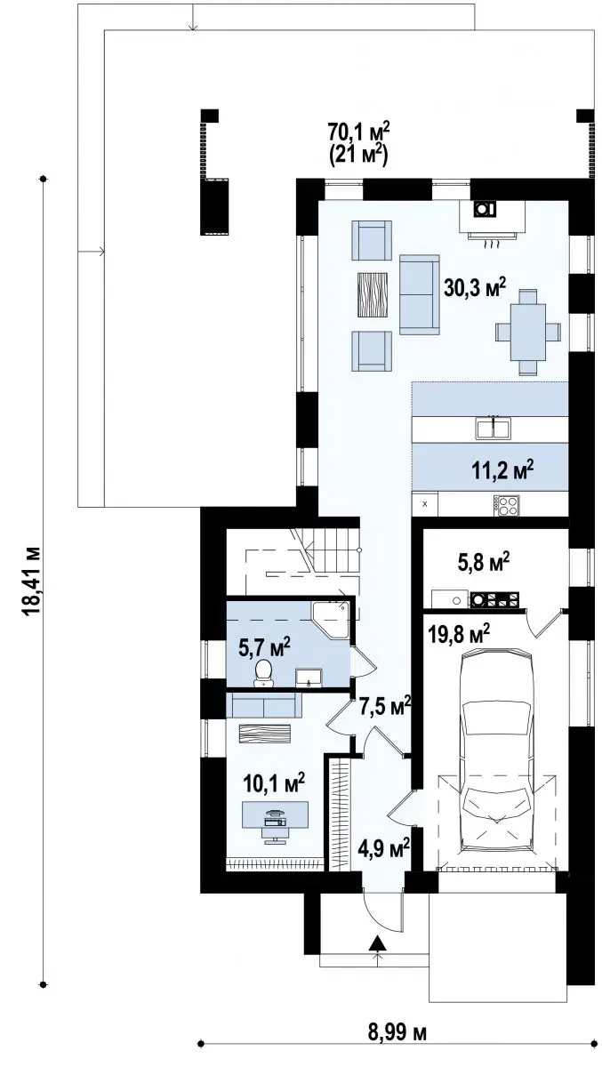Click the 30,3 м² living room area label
coord(474,289)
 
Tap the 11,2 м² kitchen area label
coord(502,470)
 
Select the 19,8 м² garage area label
coord(459,633)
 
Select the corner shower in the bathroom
coord(331,618)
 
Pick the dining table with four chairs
coord(528,331)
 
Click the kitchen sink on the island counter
coord(493,428)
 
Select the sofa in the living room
coord(419,294)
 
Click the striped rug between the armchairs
coord(373,294)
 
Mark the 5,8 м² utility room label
coord(484,562)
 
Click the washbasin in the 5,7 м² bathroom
coord(309,678)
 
